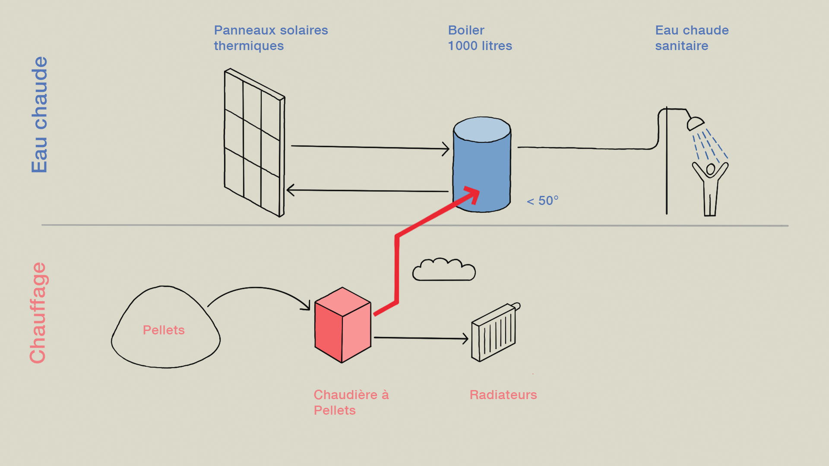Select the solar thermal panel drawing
pyautogui.click(x=254, y=142)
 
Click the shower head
pyautogui.click(x=695, y=123)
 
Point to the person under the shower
pyautogui.click(x=710, y=188)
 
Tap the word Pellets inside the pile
pyautogui.click(x=164, y=330)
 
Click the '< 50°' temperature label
pyautogui.click(x=543, y=201)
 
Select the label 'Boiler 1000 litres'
pyautogui.click(x=480, y=38)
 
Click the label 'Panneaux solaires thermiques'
pyautogui.click(x=271, y=38)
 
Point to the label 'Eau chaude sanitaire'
pyautogui.click(x=692, y=38)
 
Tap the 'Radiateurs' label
pyautogui.click(x=503, y=395)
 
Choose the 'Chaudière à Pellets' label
pyautogui.click(x=351, y=402)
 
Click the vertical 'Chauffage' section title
pyautogui.click(x=38, y=313)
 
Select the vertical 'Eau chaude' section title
pyautogui.click(x=39, y=115)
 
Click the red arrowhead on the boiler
pyautogui.click(x=473, y=194)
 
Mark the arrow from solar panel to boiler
pyautogui.click(x=369, y=148)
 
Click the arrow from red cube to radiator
pyautogui.click(x=421, y=338)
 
